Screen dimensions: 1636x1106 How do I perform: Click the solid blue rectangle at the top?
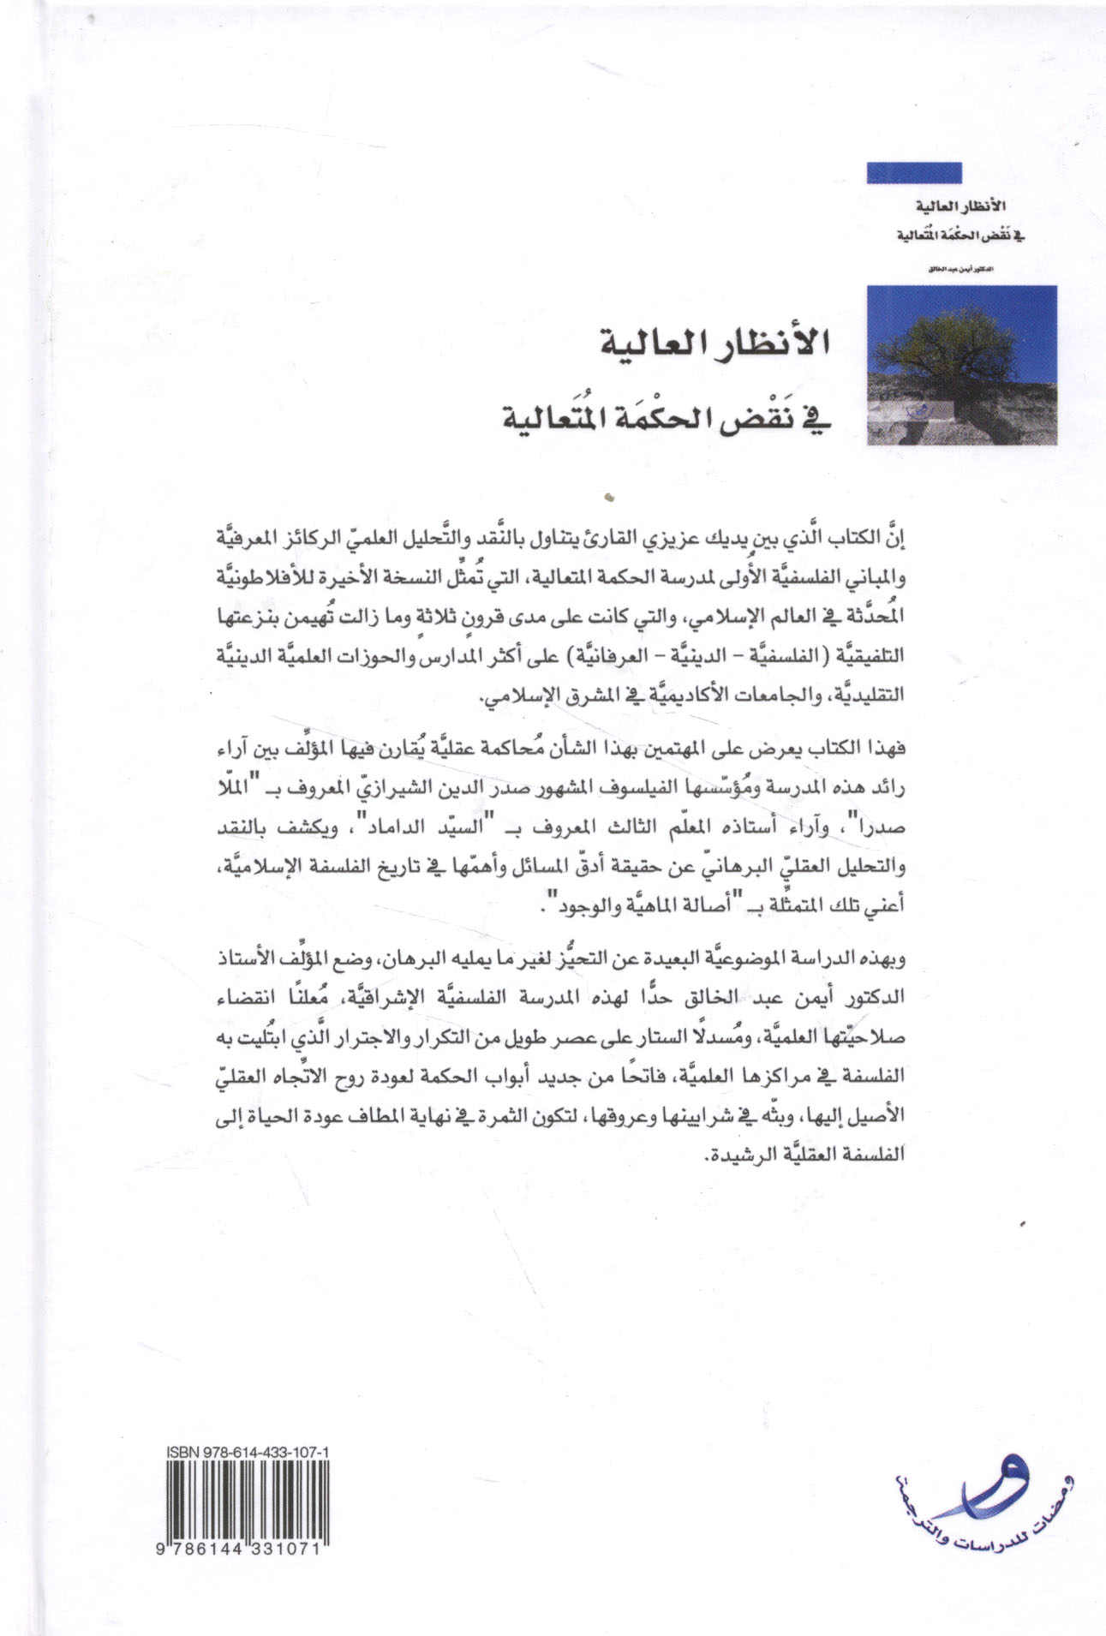point(913,173)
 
